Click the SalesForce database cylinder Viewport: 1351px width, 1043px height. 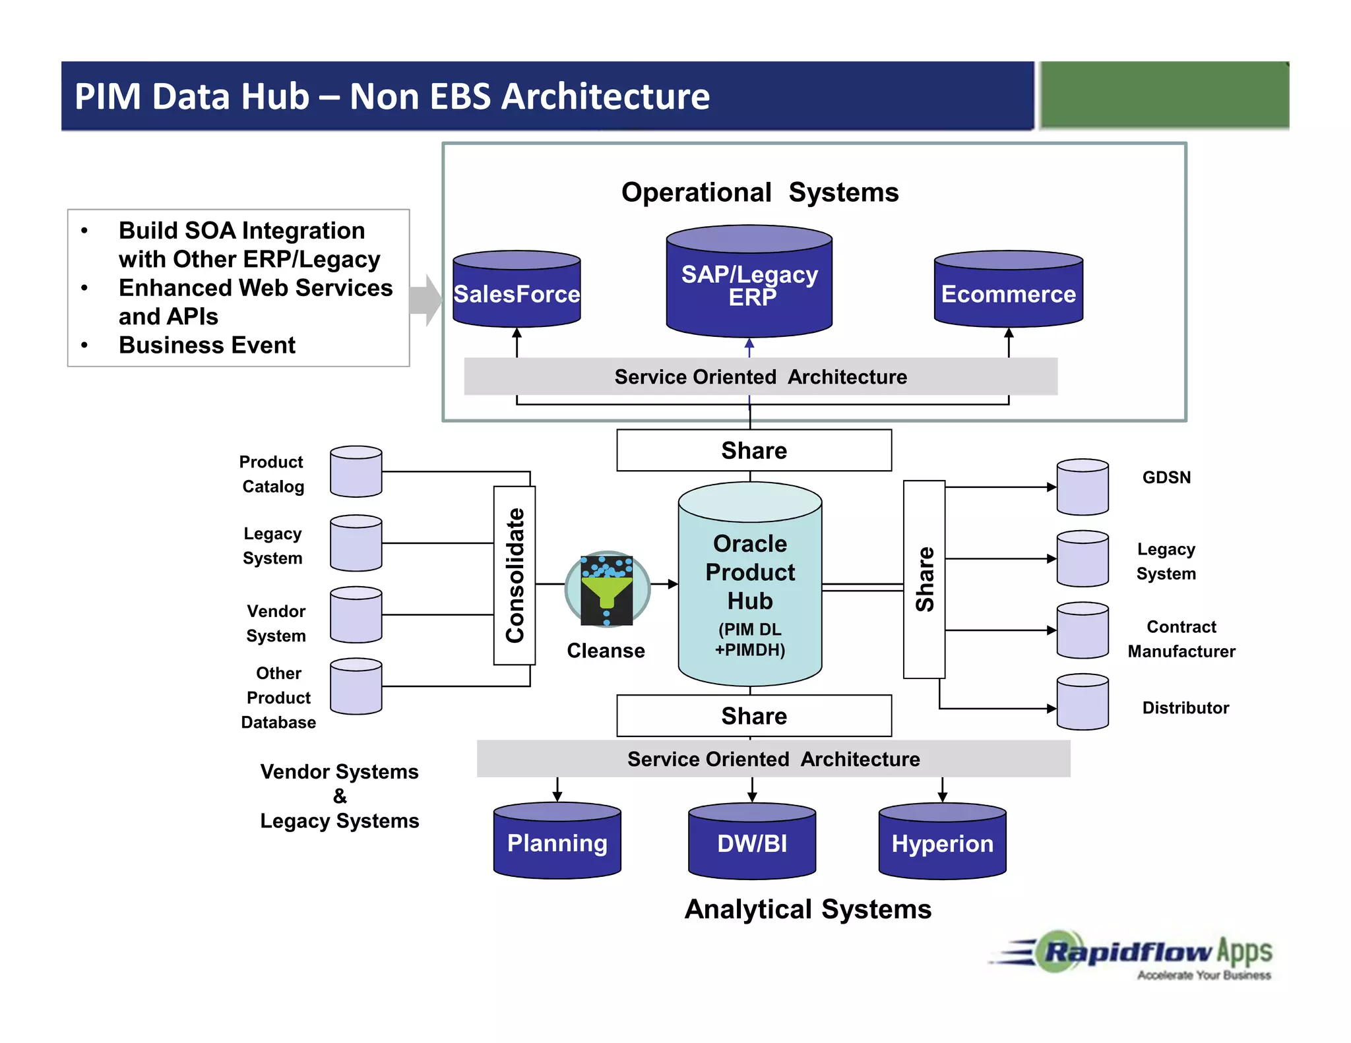tap(517, 289)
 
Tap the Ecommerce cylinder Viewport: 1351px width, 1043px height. tap(1008, 289)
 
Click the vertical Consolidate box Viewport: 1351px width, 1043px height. tap(515, 575)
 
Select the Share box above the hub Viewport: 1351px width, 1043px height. tap(754, 450)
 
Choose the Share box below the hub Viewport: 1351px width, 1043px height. tap(754, 715)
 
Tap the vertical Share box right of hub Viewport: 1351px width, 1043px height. tap(924, 579)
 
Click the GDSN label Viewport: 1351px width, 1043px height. tap(1166, 477)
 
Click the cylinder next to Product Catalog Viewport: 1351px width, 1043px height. tap(356, 471)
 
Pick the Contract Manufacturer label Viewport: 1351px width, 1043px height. tap(1181, 638)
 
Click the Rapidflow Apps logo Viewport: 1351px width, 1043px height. tap(1141, 955)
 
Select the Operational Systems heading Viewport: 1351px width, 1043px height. tap(760, 193)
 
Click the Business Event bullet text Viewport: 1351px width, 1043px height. tap(207, 345)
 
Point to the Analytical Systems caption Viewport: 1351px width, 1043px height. tap(807, 909)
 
